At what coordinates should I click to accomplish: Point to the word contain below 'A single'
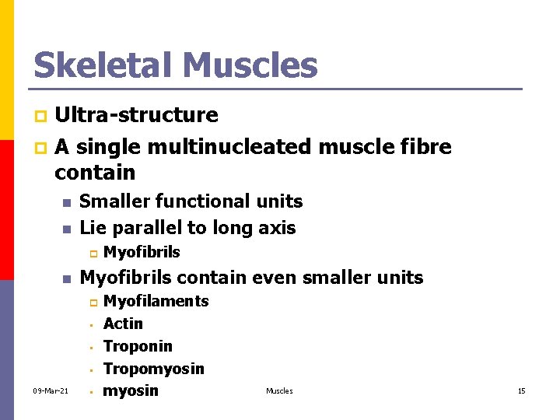(x=95, y=172)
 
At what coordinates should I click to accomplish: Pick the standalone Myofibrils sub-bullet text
(x=142, y=252)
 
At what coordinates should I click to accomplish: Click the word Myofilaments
(x=156, y=301)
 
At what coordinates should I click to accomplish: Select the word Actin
(x=123, y=324)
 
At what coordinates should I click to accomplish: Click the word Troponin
(x=138, y=346)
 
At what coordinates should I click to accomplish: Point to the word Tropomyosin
(x=153, y=369)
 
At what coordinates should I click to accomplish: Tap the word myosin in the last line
(x=131, y=390)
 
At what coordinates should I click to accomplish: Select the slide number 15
(x=521, y=390)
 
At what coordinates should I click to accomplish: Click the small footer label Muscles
(x=279, y=390)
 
